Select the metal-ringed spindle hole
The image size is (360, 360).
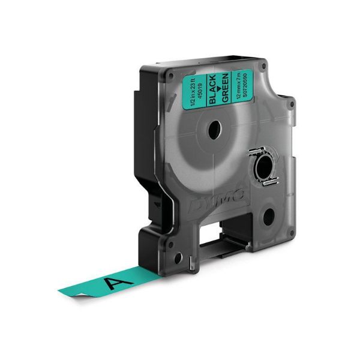pyautogui.click(x=263, y=168)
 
